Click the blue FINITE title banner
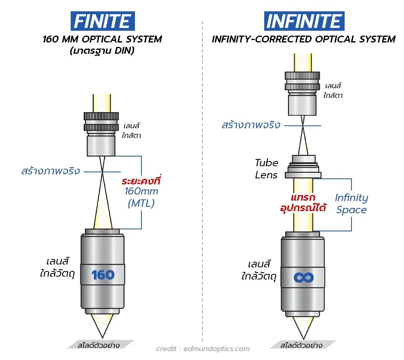pyautogui.click(x=102, y=21)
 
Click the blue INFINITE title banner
pyautogui.click(x=304, y=21)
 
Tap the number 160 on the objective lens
pyautogui.click(x=103, y=275)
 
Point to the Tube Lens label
pyautogui.click(x=266, y=169)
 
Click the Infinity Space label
pyautogui.click(x=351, y=204)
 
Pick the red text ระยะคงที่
pyautogui.click(x=141, y=180)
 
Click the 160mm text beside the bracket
pyautogui.click(x=141, y=192)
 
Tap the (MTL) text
pyautogui.click(x=141, y=203)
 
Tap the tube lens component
pyautogui.click(x=303, y=167)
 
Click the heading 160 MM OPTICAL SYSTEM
pyautogui.click(x=102, y=40)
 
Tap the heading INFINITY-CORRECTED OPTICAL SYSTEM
pyautogui.click(x=303, y=40)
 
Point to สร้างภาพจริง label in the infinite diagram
pyautogui.click(x=251, y=125)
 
